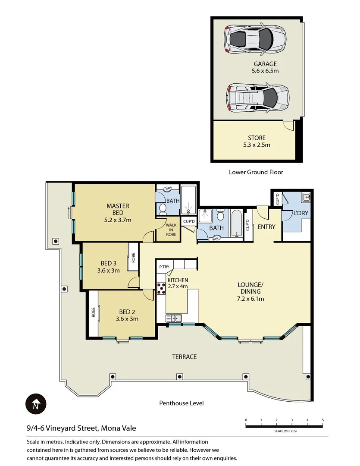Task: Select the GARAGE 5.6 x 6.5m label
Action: tap(265, 67)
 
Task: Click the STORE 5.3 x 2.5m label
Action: tap(256, 142)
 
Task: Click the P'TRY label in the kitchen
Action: tap(164, 267)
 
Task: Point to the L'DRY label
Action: tap(301, 214)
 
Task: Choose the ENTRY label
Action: tap(266, 227)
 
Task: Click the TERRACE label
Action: tap(184, 356)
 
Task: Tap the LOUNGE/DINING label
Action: tap(250, 291)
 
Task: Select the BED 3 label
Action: tap(108, 267)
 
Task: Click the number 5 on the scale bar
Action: tap(322, 420)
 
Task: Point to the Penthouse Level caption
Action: tap(181, 403)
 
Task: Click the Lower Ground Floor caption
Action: tap(256, 172)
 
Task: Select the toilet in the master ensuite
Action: tap(163, 208)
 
